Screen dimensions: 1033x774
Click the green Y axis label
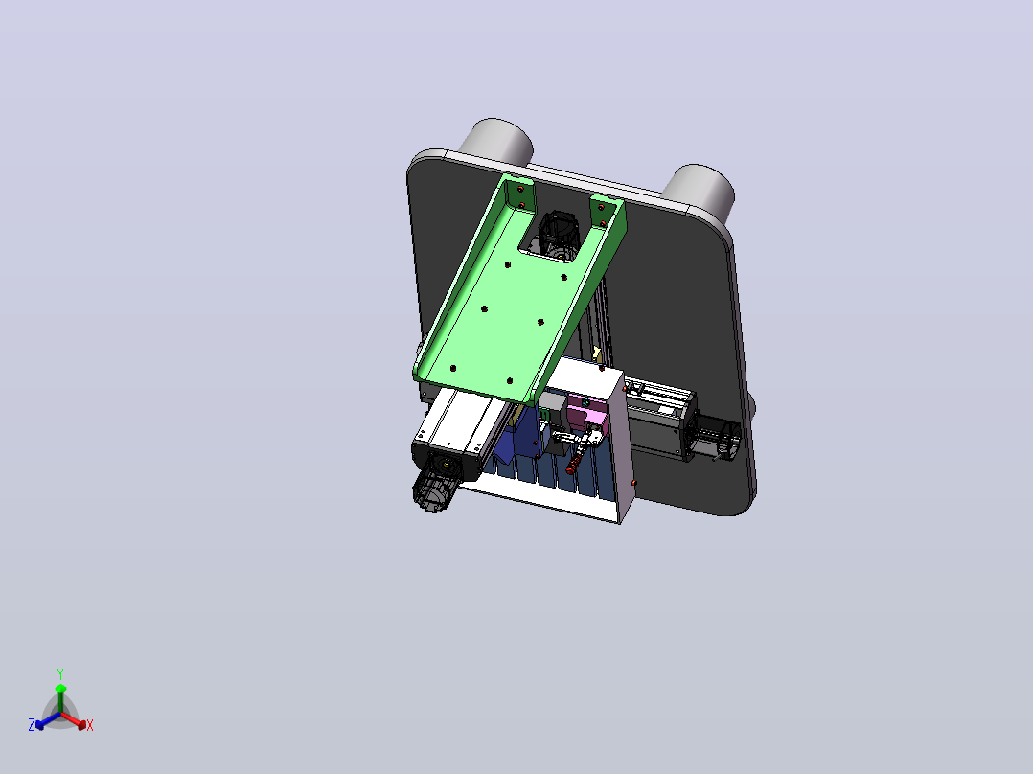[x=60, y=673]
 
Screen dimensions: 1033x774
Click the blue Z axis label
[x=32, y=724]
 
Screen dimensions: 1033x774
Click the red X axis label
[x=90, y=725]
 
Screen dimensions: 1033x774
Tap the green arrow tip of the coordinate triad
[x=60, y=688]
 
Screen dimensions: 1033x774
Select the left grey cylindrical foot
[x=497, y=141]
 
